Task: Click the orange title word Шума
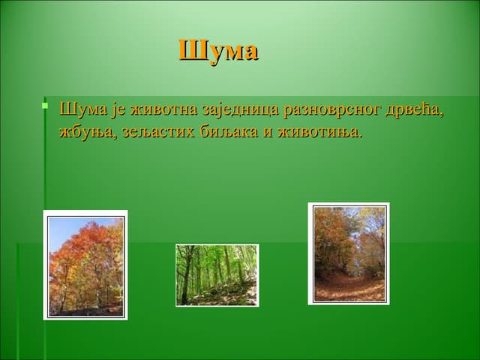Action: point(218,51)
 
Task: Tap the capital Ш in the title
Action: point(190,51)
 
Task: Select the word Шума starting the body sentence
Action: point(79,109)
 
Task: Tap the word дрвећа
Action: point(415,109)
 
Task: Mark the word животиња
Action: point(318,133)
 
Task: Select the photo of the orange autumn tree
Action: point(85,265)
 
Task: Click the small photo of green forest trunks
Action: point(217,274)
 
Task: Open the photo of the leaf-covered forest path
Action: point(349,253)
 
